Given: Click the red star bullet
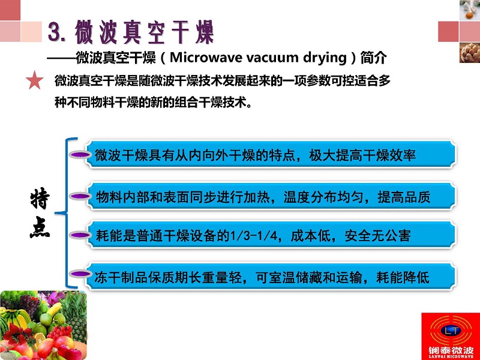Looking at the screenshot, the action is (x=34, y=80).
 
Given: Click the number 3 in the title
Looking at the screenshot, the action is (x=55, y=32).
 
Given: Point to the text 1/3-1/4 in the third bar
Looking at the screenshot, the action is (x=253, y=236).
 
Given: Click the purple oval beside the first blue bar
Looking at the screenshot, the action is (x=80, y=155).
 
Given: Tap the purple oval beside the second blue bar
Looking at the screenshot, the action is (x=80, y=196).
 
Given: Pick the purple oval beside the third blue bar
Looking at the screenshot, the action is (x=80, y=235).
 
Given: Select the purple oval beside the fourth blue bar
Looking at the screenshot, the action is (x=80, y=274).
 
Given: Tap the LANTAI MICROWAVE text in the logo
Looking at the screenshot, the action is (x=451, y=356).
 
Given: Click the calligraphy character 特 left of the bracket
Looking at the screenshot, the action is (x=40, y=199).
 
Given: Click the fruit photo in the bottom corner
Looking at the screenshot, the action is (x=43, y=325).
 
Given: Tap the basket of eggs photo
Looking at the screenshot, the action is (x=470, y=53).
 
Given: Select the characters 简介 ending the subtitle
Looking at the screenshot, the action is (x=373, y=58).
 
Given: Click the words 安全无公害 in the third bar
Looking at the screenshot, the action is (x=377, y=236).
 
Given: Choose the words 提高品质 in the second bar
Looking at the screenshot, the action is (x=404, y=197).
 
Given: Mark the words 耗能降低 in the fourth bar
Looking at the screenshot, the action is (x=403, y=277).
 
